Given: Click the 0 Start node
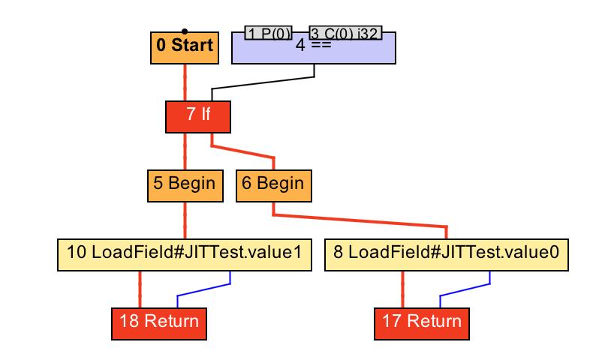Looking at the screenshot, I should (185, 46).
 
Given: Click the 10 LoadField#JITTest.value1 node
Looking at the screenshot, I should (185, 255).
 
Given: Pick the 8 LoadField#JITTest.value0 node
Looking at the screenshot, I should (447, 255).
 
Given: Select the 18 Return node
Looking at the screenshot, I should (158, 322).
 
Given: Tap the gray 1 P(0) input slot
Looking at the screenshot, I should (268, 33).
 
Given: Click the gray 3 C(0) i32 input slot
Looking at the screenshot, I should (345, 33).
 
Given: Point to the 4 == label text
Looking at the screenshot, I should (313, 45).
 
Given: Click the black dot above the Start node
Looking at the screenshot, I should (185, 31).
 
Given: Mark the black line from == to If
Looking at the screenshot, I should (263, 82).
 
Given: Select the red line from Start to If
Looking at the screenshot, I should (185, 81).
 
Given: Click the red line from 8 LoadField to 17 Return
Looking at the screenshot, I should (402, 289).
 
